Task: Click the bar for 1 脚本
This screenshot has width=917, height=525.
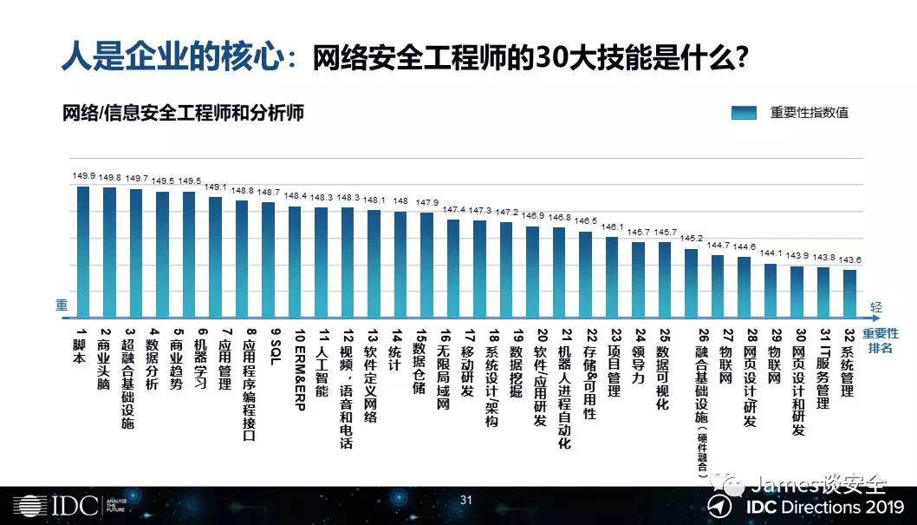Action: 83,252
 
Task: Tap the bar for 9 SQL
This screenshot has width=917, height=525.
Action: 268,259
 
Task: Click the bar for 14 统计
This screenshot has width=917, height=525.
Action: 400,264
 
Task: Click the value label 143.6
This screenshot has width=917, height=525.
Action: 850,259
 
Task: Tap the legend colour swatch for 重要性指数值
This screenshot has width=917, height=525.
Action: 745,112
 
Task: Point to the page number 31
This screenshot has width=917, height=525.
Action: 465,500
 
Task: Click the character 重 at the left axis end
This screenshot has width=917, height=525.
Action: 61,305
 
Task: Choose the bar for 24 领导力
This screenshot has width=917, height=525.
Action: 639,279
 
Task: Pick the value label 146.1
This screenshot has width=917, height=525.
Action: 613,226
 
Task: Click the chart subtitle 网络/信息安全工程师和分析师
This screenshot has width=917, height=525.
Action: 182,113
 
